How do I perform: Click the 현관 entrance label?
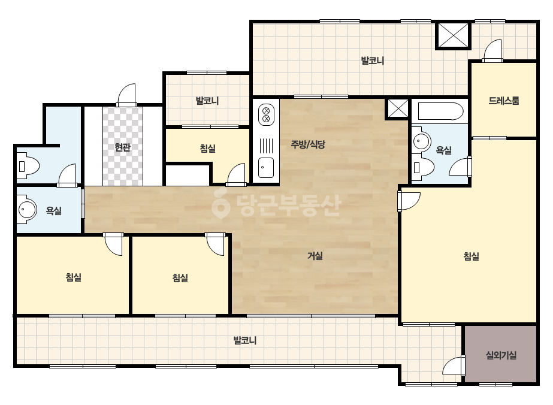click(122, 147)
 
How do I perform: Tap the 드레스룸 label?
click(504, 101)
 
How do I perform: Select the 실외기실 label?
click(501, 355)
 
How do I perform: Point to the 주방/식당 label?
click(308, 144)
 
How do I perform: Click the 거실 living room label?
click(315, 256)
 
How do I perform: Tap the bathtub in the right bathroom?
click(440, 111)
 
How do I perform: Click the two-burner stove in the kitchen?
click(266, 114)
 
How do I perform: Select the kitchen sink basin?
click(266, 168)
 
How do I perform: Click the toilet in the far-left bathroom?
click(28, 166)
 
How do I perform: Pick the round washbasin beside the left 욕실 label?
click(27, 210)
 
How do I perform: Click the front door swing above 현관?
click(126, 95)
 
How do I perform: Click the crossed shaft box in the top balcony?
click(453, 35)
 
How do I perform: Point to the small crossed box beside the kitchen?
click(398, 108)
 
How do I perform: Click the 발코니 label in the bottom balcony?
click(245, 340)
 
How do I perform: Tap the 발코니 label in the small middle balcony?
click(207, 101)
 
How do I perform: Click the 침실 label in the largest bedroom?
click(471, 256)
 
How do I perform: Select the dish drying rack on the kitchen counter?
click(266, 146)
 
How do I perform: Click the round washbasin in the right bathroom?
click(421, 141)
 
